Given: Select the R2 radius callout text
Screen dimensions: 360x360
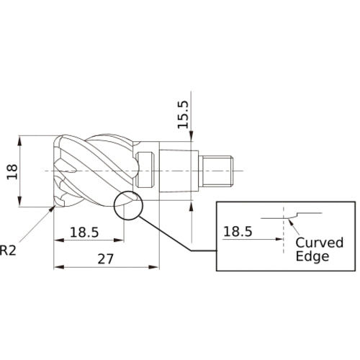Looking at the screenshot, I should coord(8,251).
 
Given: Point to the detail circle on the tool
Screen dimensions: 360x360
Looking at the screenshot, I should coord(128,205).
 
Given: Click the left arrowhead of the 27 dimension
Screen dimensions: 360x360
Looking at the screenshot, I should coord(58,267).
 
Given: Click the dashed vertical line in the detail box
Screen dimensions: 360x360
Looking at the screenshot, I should coord(283,238).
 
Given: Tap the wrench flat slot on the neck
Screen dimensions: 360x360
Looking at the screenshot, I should coord(148,170).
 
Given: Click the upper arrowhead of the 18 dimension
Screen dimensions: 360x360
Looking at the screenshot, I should coord(22,139).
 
